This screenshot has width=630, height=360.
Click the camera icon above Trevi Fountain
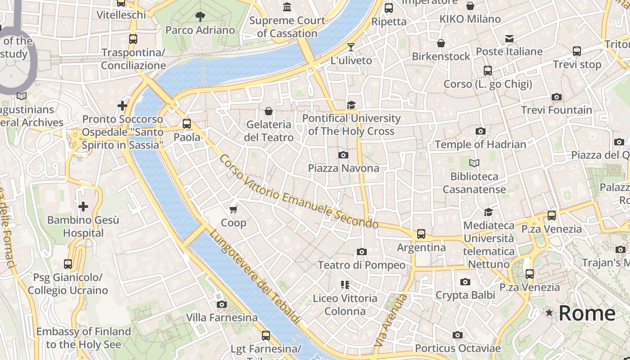pyautogui.click(x=557, y=97)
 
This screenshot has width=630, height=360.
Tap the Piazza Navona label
pyautogui.click(x=343, y=168)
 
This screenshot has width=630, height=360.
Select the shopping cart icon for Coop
pyautogui.click(x=233, y=209)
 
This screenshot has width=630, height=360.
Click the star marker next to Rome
pyautogui.click(x=549, y=312)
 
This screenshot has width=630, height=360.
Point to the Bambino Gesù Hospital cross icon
pyautogui.click(x=83, y=207)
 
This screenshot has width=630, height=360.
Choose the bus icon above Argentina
pyautogui.click(x=421, y=234)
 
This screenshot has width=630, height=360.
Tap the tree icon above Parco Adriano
pyautogui.click(x=200, y=17)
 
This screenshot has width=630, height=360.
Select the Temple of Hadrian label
pyautogui.click(x=480, y=144)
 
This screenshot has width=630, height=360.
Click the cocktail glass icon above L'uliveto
pyautogui.click(x=351, y=47)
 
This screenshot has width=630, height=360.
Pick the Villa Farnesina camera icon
pyautogui.click(x=221, y=304)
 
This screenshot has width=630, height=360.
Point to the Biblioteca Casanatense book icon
pyautogui.click(x=474, y=163)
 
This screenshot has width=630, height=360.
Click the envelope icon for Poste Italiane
pyautogui.click(x=509, y=39)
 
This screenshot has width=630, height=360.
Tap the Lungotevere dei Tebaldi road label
pyautogui.click(x=255, y=277)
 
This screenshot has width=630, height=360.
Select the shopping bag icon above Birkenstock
pyautogui.click(x=441, y=43)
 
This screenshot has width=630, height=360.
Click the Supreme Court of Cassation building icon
pyautogui.click(x=287, y=7)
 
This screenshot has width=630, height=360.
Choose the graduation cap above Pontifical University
pyautogui.click(x=351, y=105)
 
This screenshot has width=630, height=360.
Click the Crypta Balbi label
pyautogui.click(x=465, y=295)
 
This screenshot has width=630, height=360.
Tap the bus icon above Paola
pyautogui.click(x=187, y=123)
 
